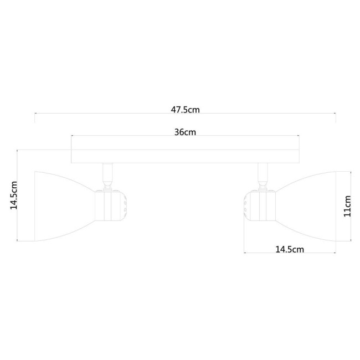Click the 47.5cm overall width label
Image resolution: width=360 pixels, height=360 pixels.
pyautogui.click(x=185, y=110)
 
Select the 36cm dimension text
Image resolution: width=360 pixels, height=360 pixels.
pyautogui.click(x=185, y=132)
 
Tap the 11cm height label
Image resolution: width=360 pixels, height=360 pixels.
pyautogui.click(x=347, y=206)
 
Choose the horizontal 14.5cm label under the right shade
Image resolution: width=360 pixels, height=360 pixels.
pyautogui.click(x=290, y=249)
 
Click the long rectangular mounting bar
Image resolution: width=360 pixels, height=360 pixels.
pyautogui.click(x=186, y=156)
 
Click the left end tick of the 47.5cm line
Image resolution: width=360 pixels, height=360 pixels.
pyautogui.click(x=35, y=115)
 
